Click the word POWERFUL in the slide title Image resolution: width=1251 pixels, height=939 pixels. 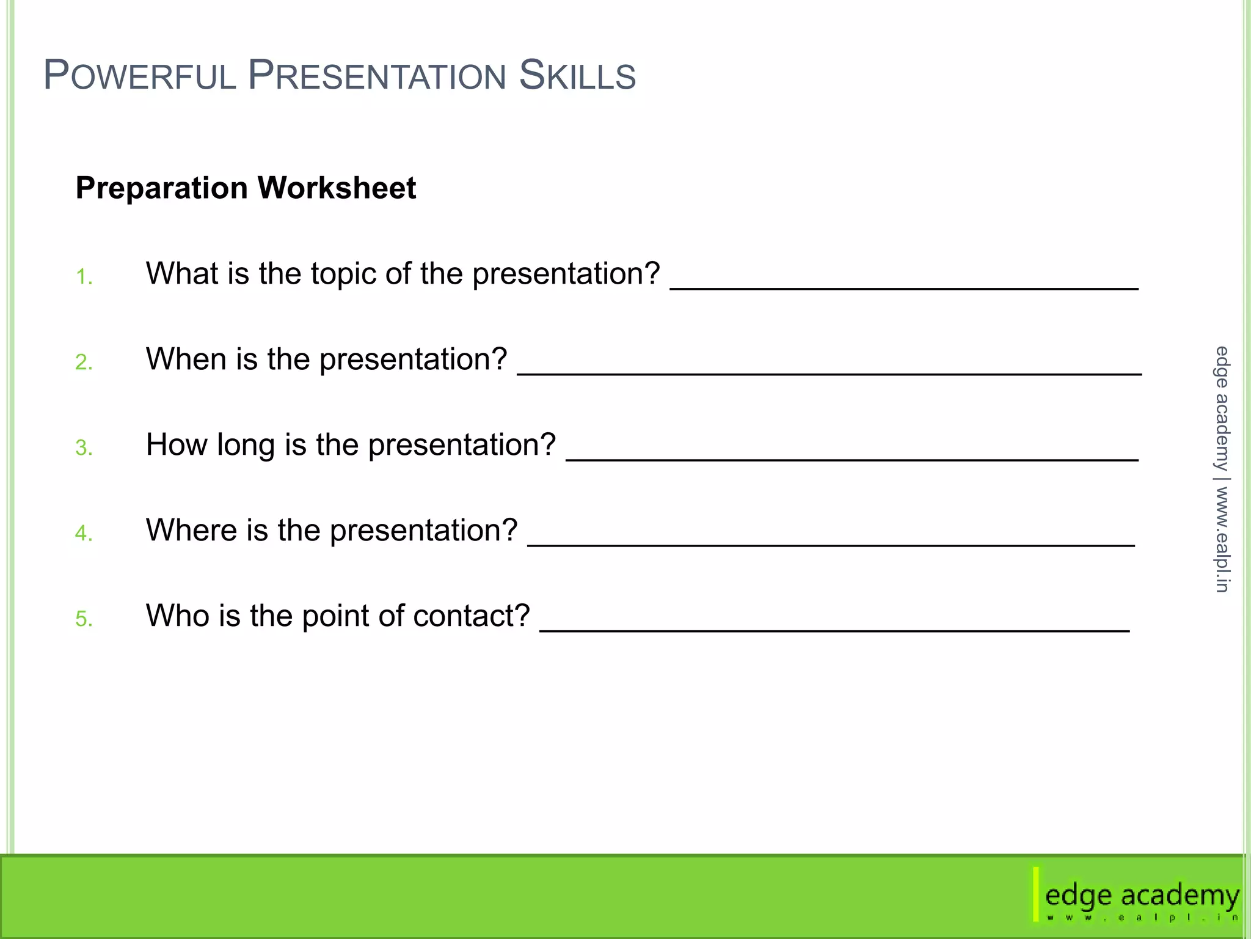pos(139,76)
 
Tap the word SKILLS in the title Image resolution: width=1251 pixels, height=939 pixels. pos(577,76)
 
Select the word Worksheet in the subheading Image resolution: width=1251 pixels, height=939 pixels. pos(337,188)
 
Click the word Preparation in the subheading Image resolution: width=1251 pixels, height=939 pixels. pos(161,188)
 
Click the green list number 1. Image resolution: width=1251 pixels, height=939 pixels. pos(83,278)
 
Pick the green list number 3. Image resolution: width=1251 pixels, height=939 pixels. pos(84,448)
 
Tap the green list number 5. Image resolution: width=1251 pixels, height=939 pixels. pos(84,619)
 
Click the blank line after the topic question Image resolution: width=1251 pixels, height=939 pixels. pos(904,287)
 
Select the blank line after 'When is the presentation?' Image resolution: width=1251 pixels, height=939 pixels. pos(829,372)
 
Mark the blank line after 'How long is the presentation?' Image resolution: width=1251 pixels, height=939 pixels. pos(852,458)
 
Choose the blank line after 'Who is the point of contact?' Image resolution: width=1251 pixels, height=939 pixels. pos(834,630)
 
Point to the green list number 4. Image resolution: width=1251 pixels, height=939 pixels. pos(84,534)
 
